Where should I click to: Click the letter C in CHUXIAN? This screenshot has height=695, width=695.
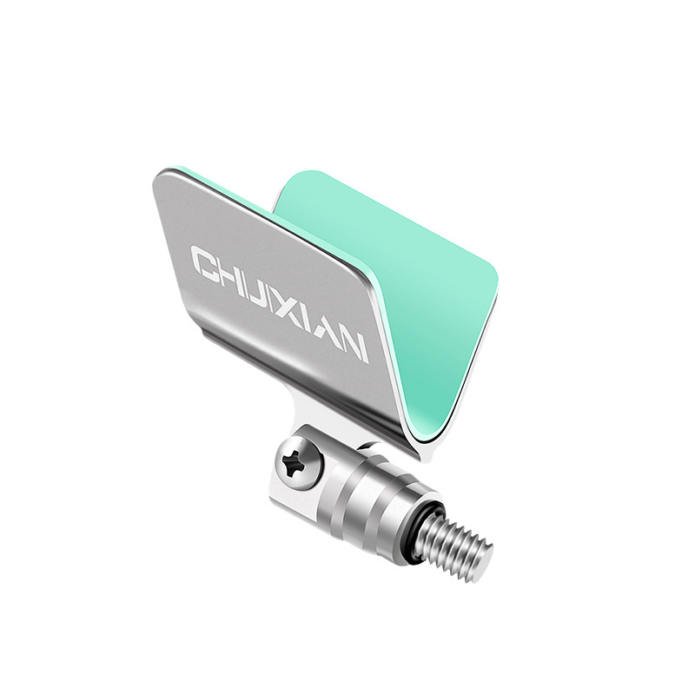coord(208,262)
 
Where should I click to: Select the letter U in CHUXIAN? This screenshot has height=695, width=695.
coord(268,293)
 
